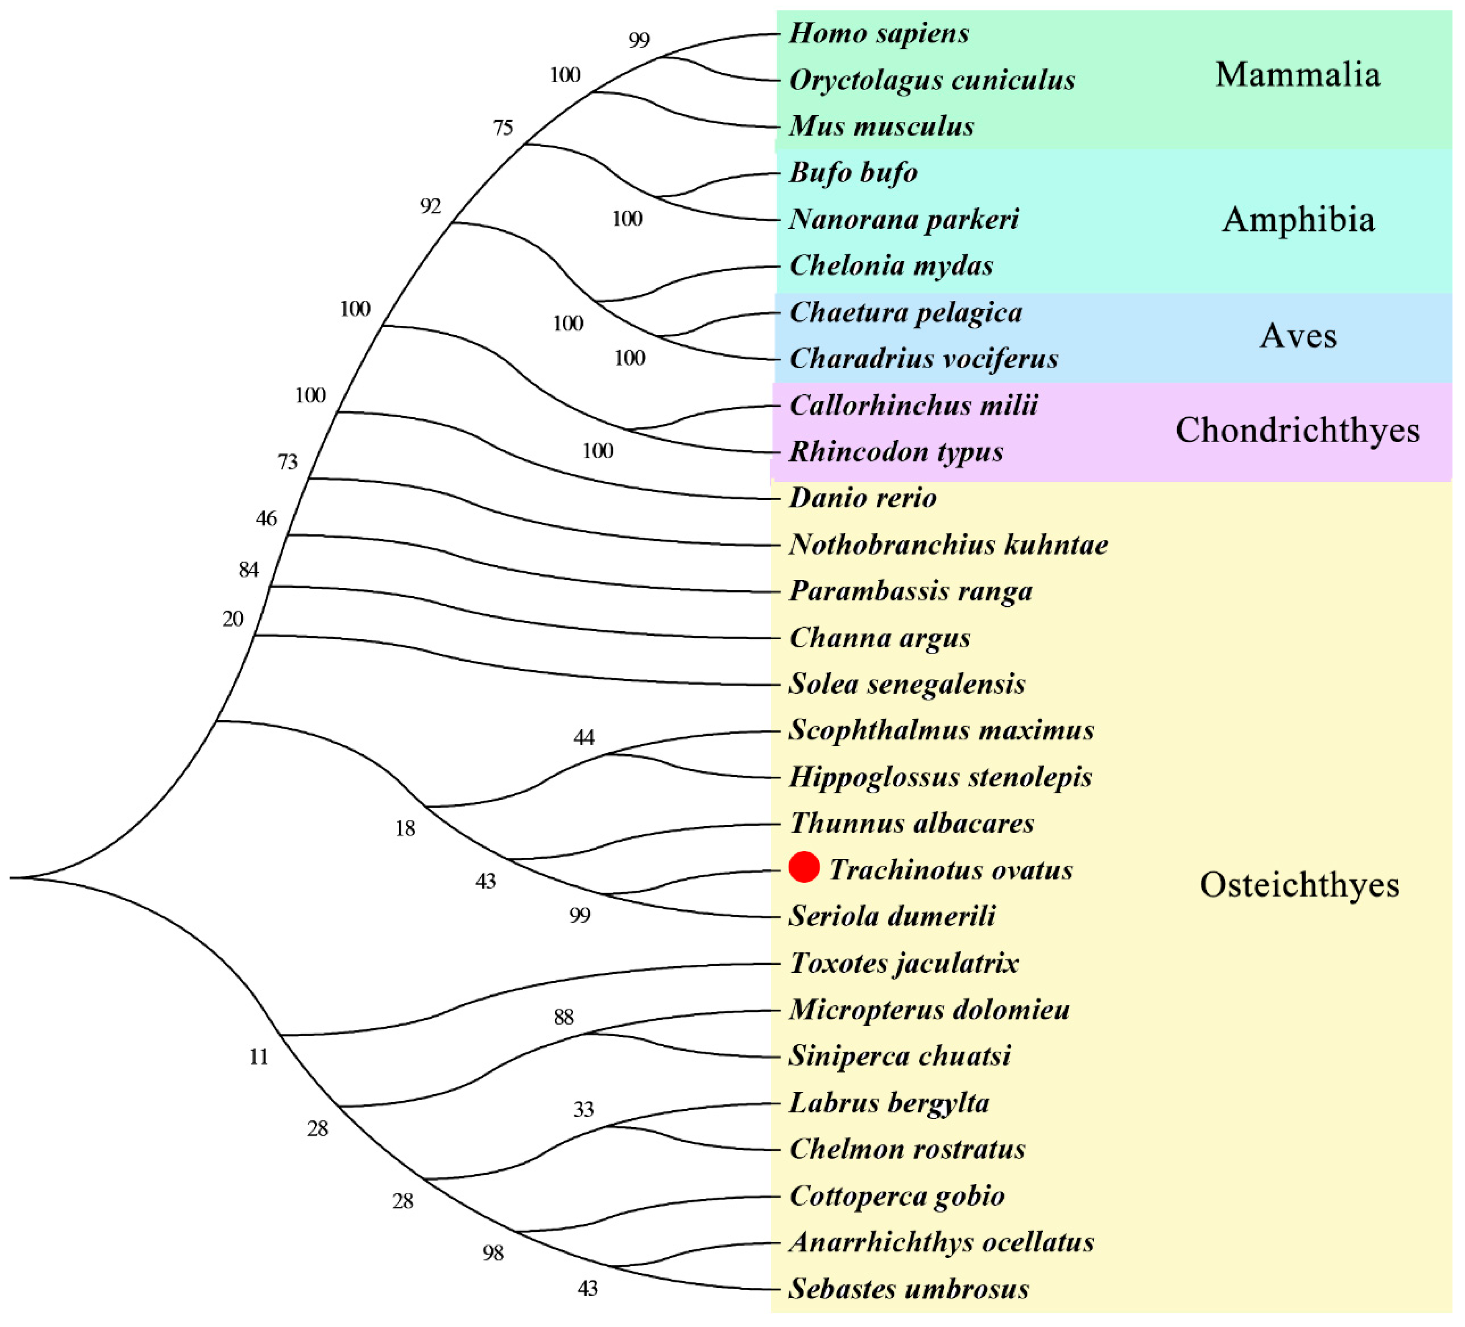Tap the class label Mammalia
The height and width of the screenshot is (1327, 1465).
tap(1297, 75)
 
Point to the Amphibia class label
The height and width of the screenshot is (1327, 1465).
tap(1298, 219)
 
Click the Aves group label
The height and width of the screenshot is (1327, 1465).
tap(1298, 336)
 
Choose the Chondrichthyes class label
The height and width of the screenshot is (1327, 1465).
tap(1297, 430)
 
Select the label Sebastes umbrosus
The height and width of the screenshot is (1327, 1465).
tap(909, 1289)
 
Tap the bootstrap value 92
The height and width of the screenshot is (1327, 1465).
tap(430, 206)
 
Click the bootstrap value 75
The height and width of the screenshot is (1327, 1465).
tap(503, 128)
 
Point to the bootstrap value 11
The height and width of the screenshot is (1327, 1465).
tap(259, 1057)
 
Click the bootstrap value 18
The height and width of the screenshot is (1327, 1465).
tap(405, 828)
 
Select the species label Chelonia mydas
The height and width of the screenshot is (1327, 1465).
tap(891, 266)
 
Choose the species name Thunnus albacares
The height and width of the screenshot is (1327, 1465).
tap(912, 823)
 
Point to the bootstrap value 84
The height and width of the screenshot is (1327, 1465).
tap(249, 570)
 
